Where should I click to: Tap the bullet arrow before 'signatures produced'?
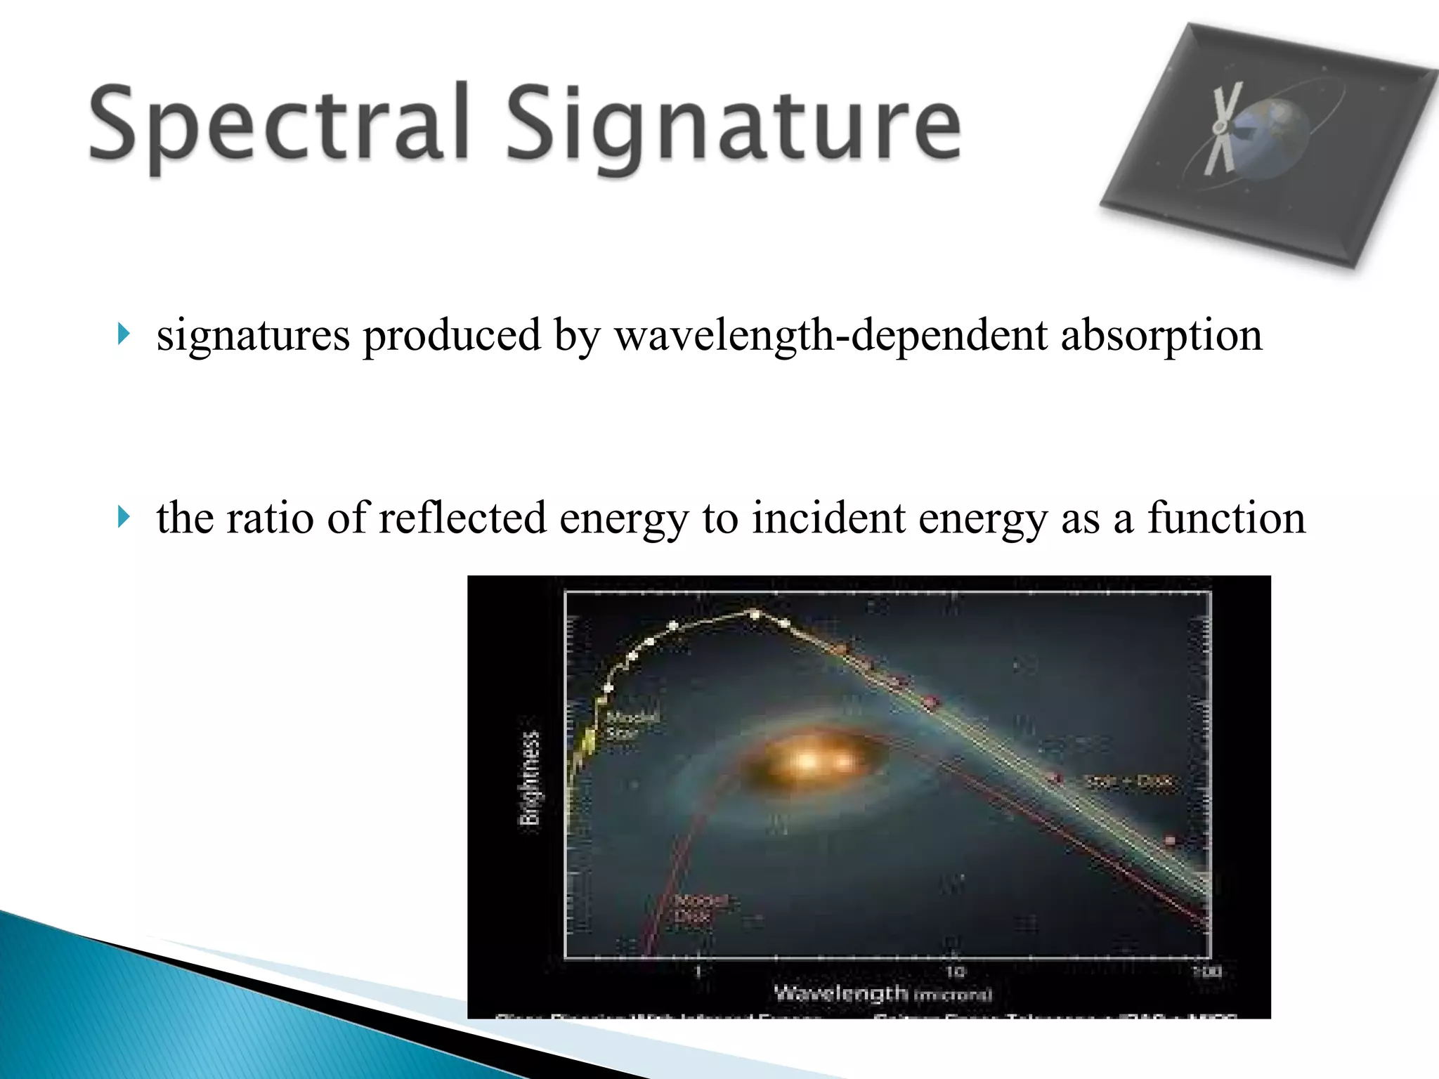pos(124,334)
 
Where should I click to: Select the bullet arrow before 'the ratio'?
pos(124,518)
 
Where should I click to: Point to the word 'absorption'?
pos(1161,336)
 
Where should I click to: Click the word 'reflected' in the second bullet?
pos(462,518)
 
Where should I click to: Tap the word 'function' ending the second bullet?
pos(1226,518)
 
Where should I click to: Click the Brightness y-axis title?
pos(530,778)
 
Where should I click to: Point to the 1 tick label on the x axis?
pos(698,972)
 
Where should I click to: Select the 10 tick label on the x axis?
pos(953,972)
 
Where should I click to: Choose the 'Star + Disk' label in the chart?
pos(1128,781)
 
